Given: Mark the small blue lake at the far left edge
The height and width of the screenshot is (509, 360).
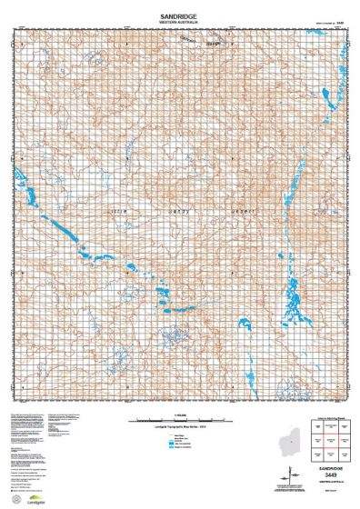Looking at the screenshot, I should (x=29, y=195).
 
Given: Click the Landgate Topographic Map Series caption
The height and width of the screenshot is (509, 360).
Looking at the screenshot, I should (x=179, y=427).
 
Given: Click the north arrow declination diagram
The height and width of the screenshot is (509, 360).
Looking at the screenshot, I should (x=294, y=476).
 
